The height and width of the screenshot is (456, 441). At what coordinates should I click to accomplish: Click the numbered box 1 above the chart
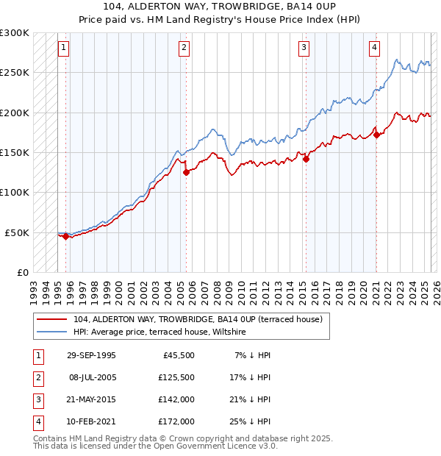(64, 49)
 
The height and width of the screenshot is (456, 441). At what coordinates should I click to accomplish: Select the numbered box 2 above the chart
(184, 49)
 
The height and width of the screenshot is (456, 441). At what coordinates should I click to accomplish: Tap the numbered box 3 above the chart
(304, 49)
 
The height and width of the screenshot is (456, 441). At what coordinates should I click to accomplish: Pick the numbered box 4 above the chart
(374, 49)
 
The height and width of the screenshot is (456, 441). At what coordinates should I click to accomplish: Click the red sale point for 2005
(186, 172)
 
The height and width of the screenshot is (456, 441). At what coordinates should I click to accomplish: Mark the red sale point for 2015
(306, 159)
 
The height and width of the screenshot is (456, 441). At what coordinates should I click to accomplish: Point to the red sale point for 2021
(376, 135)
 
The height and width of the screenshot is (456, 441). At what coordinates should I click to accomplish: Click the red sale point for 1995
(66, 236)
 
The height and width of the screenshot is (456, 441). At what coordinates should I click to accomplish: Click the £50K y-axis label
(17, 232)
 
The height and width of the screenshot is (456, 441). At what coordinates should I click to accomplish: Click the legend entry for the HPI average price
(159, 332)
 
